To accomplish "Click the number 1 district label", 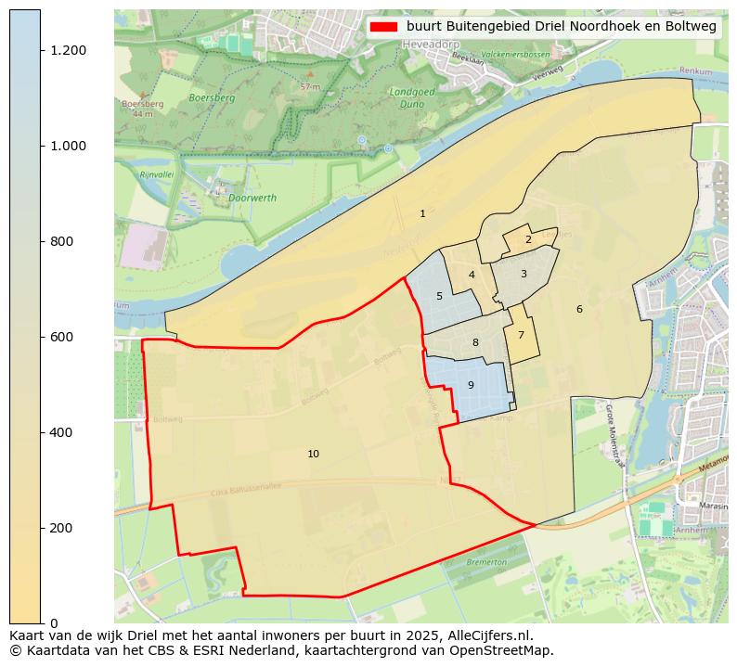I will coord(422,214).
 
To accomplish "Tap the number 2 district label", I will coord(528,240).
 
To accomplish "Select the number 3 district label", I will coord(524,275).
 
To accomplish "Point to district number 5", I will coord(439,297).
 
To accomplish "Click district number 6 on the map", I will coord(579,310).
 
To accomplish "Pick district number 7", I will coord(521,336).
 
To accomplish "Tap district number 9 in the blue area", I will coord(471,386).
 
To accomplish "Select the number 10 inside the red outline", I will coord(313,455).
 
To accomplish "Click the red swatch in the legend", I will coord(383,27).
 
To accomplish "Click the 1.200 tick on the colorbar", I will coord(68,50).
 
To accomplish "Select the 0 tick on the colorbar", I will coord(54,622).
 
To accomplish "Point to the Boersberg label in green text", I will coord(212,97).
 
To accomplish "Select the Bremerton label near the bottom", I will coord(486,562).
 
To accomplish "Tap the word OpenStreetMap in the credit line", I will coord(505,650).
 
